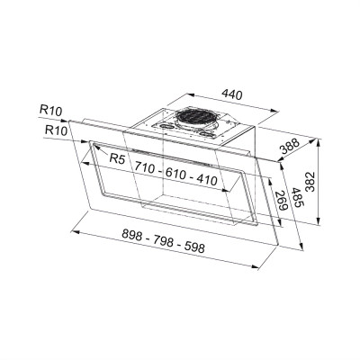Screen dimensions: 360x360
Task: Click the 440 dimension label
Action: pos(232,94)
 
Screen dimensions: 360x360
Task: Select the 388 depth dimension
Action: pos(290,146)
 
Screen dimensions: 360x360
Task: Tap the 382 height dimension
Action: pos(310,182)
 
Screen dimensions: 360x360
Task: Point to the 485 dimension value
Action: pos(299,199)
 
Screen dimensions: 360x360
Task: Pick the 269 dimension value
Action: pos(282,201)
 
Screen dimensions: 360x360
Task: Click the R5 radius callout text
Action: pos(117,158)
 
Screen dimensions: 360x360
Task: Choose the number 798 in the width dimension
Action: pos(164,241)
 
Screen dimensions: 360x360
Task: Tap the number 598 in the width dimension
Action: pos(194,247)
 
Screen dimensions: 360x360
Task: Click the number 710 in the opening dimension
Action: pos(144,166)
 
